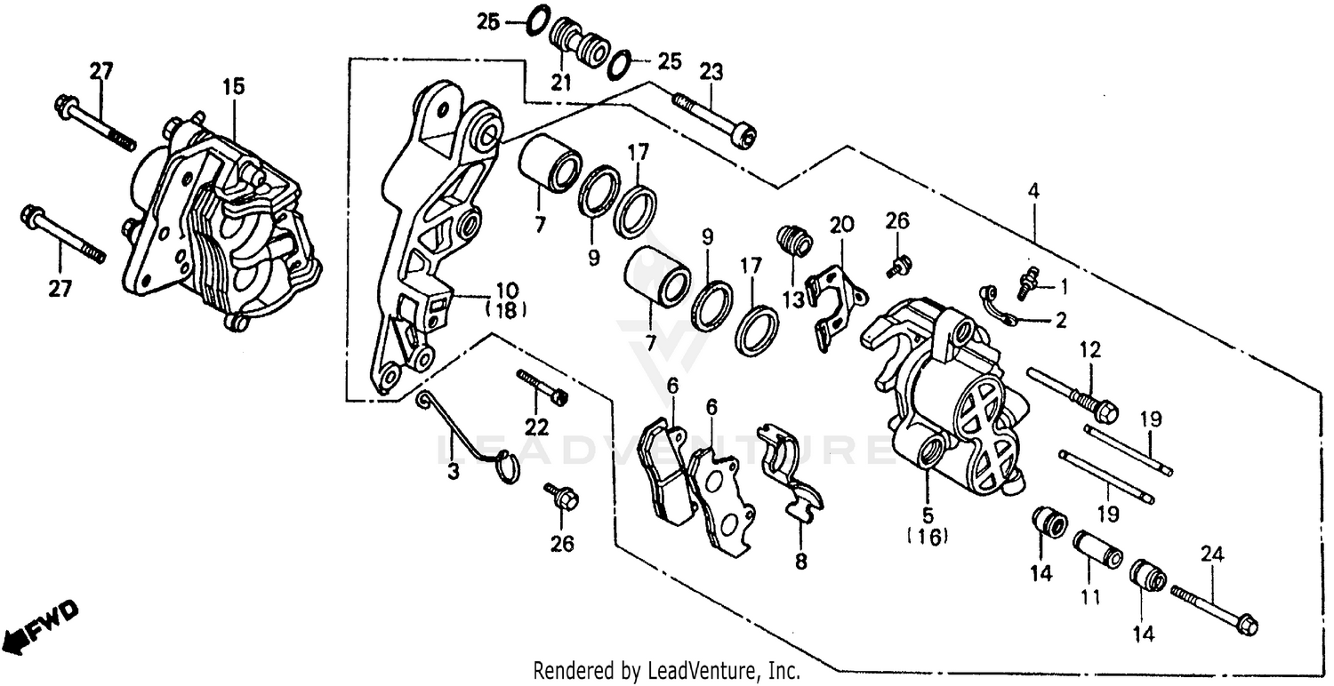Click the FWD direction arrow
pyautogui.click(x=44, y=624)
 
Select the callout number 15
pyautogui.click(x=233, y=87)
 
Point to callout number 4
pyautogui.click(x=1033, y=189)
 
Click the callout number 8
pyautogui.click(x=800, y=562)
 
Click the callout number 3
pyautogui.click(x=454, y=473)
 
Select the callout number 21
pyautogui.click(x=559, y=83)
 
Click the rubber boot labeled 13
pyautogui.click(x=794, y=240)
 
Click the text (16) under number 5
pyautogui.click(x=928, y=536)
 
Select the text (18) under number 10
pyautogui.click(x=507, y=310)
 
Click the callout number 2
pyautogui.click(x=1060, y=321)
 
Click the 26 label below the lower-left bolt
pyautogui.click(x=563, y=544)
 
